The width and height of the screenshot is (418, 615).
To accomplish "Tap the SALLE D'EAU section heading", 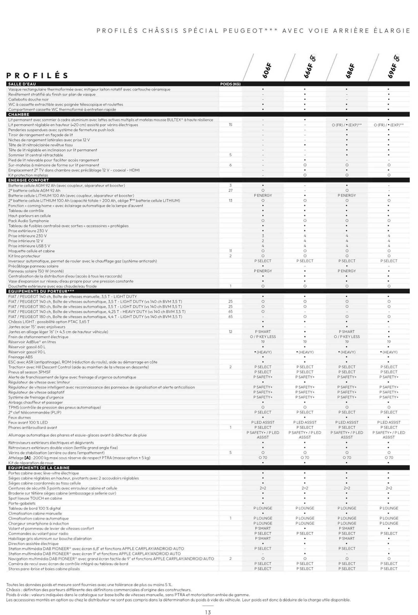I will (22, 84).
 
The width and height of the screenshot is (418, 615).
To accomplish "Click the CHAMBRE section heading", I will (18, 115).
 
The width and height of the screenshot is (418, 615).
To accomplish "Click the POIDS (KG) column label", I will (230, 84).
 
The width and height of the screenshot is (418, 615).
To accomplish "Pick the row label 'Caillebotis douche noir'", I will (28, 99).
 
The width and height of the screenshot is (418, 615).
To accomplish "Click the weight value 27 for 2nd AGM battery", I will (231, 191).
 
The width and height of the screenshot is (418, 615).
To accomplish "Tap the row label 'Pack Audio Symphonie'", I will (28, 221).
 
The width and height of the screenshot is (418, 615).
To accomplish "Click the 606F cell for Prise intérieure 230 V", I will (263, 236).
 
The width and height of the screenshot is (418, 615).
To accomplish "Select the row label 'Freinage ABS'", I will (20, 357).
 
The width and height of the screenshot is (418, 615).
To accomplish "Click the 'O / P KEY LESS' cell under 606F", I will (263, 337).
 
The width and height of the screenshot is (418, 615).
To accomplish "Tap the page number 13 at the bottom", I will (208, 612).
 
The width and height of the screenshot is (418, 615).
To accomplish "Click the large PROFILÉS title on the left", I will (37, 76).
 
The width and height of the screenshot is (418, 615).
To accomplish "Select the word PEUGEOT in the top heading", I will (243, 31).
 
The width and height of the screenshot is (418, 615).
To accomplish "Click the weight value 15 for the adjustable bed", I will (231, 125).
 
